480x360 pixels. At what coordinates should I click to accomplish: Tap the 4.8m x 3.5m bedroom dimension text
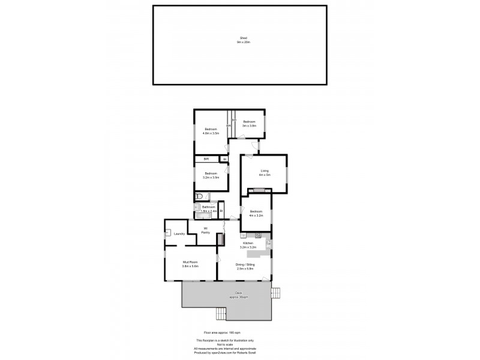[x=211, y=133]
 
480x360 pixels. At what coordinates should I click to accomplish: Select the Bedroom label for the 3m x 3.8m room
[x=249, y=122]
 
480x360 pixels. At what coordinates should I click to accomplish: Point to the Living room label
[x=265, y=171]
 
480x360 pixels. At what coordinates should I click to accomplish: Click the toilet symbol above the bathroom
[x=199, y=196]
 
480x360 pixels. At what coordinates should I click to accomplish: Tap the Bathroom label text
[x=208, y=207]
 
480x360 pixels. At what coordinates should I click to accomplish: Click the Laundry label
[x=179, y=233]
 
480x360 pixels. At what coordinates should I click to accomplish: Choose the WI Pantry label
[x=205, y=230]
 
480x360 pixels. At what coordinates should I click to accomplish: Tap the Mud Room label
[x=190, y=263]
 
